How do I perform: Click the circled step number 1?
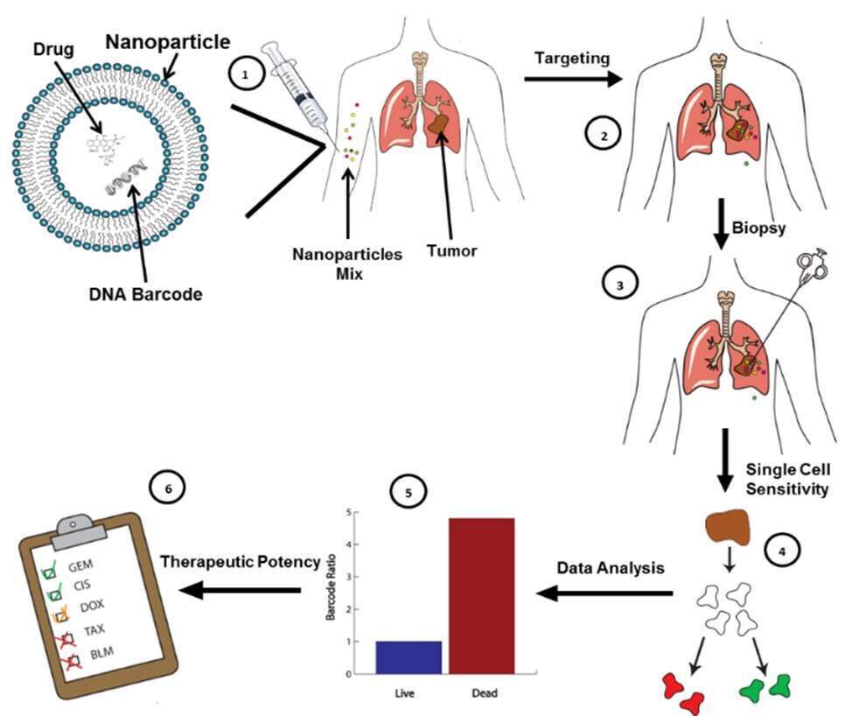click(246, 76)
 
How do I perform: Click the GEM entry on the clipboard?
click(80, 565)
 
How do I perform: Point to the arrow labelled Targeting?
click(572, 80)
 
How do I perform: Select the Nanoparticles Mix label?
click(348, 263)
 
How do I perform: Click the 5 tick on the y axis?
click(349, 512)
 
